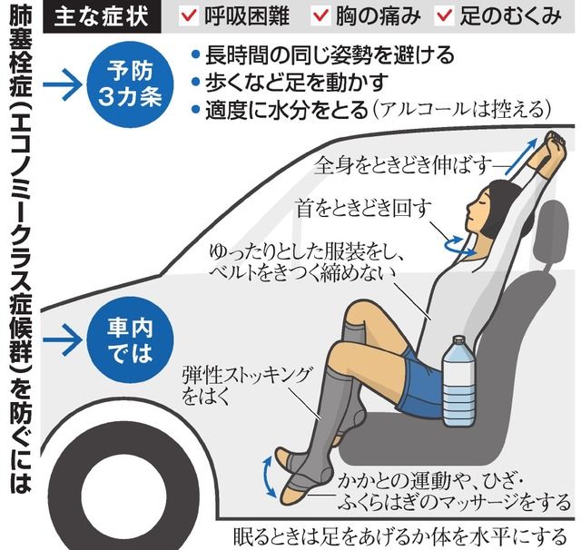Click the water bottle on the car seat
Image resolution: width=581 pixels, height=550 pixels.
(459, 381)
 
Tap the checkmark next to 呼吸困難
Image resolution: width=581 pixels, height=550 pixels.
(188, 15)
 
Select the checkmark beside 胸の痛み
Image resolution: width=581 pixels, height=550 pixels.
(320, 15)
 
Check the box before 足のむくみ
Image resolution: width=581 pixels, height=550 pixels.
(444, 15)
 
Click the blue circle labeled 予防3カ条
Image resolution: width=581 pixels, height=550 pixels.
(130, 84)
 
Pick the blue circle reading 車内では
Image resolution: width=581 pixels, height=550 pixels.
(130, 340)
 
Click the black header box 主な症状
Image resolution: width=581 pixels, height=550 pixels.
(102, 16)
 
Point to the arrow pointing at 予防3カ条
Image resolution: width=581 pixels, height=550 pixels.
(63, 84)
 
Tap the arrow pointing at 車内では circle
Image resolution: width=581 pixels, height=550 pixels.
(63, 340)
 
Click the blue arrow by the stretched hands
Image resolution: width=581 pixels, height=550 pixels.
(521, 156)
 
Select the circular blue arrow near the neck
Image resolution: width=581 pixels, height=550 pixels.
(459, 246)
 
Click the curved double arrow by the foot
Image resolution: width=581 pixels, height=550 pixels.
(270, 476)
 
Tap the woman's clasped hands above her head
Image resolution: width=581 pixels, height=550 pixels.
(554, 142)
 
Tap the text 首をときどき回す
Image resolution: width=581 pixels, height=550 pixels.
(364, 208)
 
